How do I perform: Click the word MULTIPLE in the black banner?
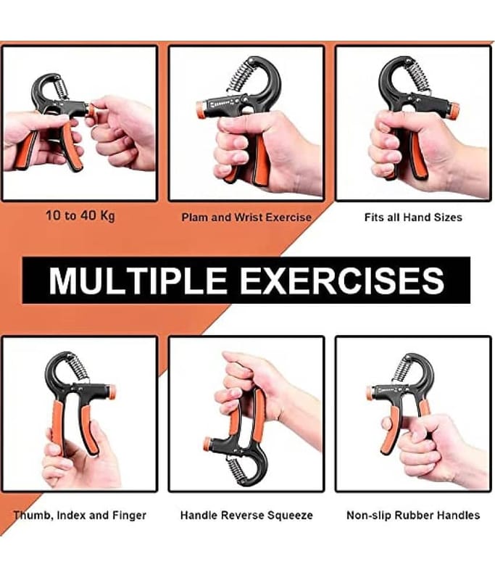138,280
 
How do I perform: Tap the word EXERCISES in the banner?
342,280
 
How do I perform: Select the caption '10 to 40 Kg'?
80,215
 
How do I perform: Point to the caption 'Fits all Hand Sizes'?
413,217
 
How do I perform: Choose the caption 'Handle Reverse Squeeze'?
246,515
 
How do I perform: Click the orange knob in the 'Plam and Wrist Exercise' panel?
201,109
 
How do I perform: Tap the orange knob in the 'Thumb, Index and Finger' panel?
111,392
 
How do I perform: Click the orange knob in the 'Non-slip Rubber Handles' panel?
370,393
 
